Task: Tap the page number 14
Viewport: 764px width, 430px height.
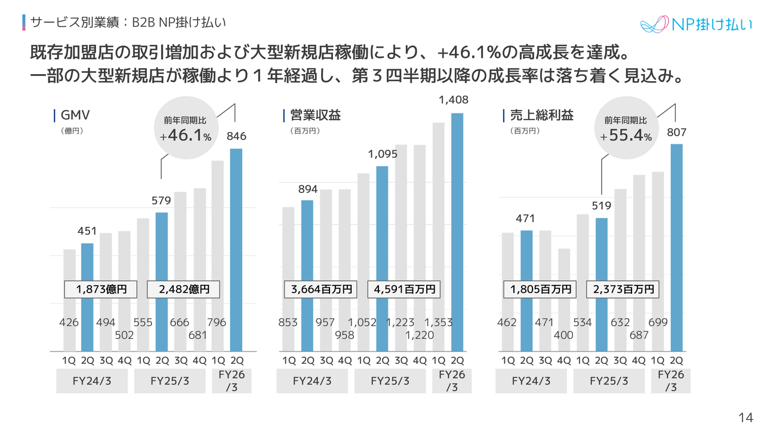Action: pos(745,417)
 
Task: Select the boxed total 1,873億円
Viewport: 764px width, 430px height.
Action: pos(101,290)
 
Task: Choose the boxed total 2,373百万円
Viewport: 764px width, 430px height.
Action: pos(623,290)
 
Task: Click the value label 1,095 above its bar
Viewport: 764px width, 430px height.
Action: pos(383,155)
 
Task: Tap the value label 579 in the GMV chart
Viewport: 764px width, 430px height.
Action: pos(161,201)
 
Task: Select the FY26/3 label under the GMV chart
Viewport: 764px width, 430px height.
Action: pos(232,381)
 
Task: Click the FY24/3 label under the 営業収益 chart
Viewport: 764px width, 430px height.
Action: pos(312,381)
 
